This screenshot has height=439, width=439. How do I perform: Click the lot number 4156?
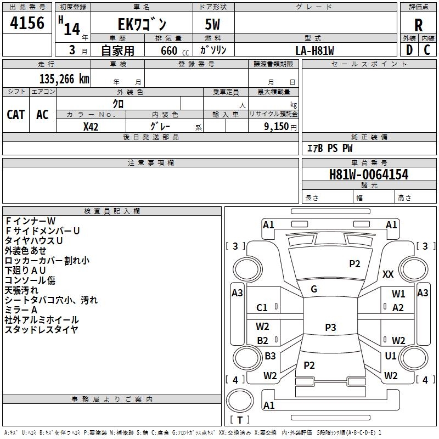27,24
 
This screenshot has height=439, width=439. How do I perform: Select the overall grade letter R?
418,25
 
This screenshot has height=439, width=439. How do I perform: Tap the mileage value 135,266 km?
64,79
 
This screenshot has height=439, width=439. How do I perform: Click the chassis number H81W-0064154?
369,175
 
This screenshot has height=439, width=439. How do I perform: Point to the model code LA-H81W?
314,50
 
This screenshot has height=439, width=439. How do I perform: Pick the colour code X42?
91,127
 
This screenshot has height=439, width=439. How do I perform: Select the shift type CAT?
16,114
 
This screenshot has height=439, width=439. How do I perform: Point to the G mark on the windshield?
314,289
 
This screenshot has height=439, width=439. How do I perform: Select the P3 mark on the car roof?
330,328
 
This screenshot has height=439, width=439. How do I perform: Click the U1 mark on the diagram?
391,356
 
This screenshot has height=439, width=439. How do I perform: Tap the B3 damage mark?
270,356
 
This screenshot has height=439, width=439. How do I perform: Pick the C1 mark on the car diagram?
262,308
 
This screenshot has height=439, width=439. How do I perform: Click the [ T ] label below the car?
239,420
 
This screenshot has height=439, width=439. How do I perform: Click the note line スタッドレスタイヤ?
41,330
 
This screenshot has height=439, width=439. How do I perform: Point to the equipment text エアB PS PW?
329,148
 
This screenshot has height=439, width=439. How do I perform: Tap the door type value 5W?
213,25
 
